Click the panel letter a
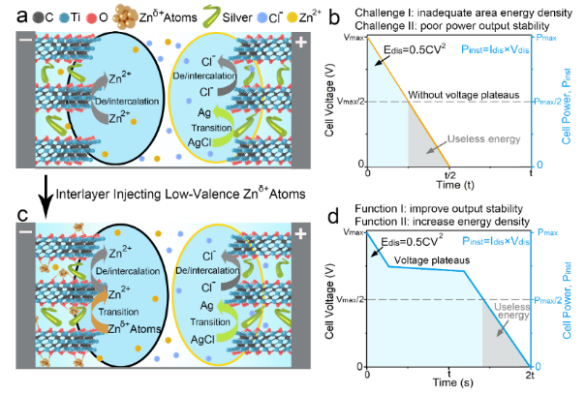[x=9, y=14]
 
